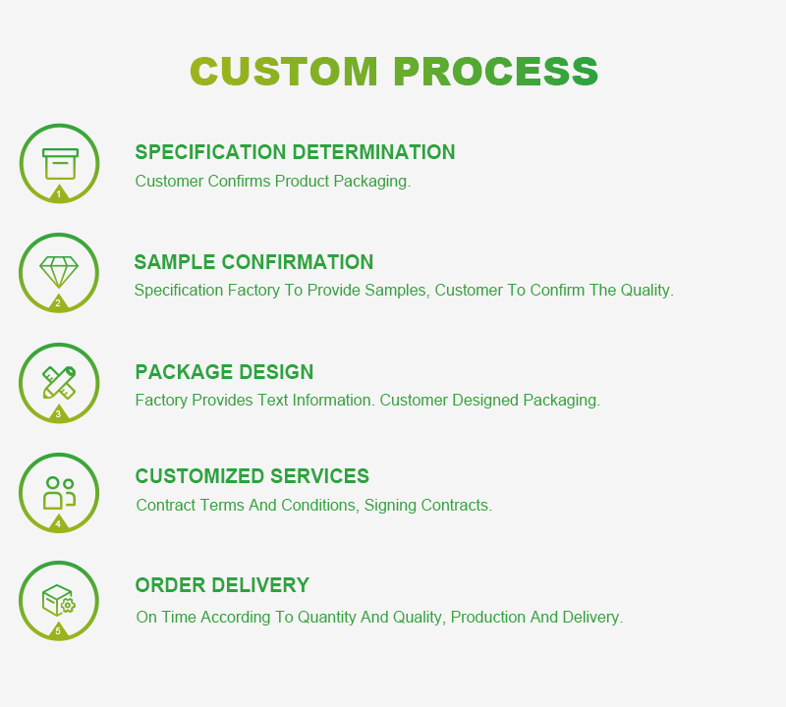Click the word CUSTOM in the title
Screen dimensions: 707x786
pyautogui.click(x=284, y=72)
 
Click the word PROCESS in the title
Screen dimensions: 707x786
pyautogui.click(x=496, y=72)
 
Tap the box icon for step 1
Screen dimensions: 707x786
pyautogui.click(x=60, y=163)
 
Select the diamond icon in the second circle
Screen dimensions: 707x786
pyautogui.click(x=59, y=271)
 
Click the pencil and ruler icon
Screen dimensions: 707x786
pyautogui.click(x=59, y=382)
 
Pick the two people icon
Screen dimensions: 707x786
pyautogui.click(x=59, y=492)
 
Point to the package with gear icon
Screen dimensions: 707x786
pyautogui.click(x=59, y=599)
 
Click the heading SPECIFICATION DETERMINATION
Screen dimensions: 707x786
pyautogui.click(x=295, y=152)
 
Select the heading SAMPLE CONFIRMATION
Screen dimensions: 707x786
pyautogui.click(x=253, y=262)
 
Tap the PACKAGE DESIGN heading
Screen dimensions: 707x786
pyautogui.click(x=224, y=372)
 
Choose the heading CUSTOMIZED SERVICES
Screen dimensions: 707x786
pyautogui.click(x=252, y=476)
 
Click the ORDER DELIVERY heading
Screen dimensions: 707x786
pyautogui.click(x=222, y=585)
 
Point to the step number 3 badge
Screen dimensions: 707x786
pyautogui.click(x=58, y=414)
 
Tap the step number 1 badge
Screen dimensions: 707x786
pyautogui.click(x=58, y=194)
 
